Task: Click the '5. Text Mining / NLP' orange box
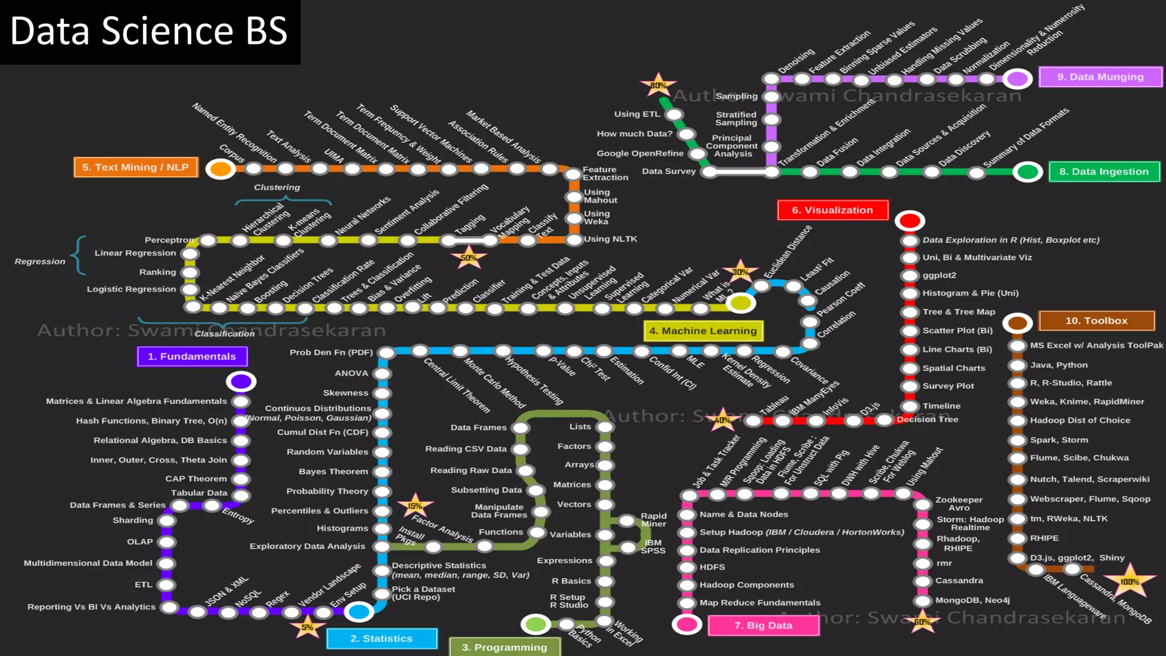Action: click(x=136, y=167)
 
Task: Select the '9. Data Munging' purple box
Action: click(x=1100, y=77)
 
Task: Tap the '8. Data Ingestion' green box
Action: click(x=1103, y=171)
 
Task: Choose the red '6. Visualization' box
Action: click(x=832, y=210)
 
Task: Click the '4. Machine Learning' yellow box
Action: click(x=703, y=331)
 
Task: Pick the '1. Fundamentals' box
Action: click(x=192, y=356)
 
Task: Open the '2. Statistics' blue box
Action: click(x=381, y=638)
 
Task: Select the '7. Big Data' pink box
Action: click(x=763, y=625)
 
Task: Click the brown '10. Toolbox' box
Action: click(x=1096, y=321)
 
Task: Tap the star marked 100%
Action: click(x=1130, y=581)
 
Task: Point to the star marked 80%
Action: click(x=658, y=85)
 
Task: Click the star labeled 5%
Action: click(x=307, y=628)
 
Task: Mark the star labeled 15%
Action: click(x=415, y=506)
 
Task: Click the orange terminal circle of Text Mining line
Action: click(x=221, y=169)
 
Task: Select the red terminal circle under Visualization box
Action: click(x=909, y=220)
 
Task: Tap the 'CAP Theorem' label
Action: click(x=196, y=479)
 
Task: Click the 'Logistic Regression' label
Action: click(x=132, y=289)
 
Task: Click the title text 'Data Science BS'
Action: click(x=149, y=31)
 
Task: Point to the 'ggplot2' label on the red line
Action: click(x=939, y=275)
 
